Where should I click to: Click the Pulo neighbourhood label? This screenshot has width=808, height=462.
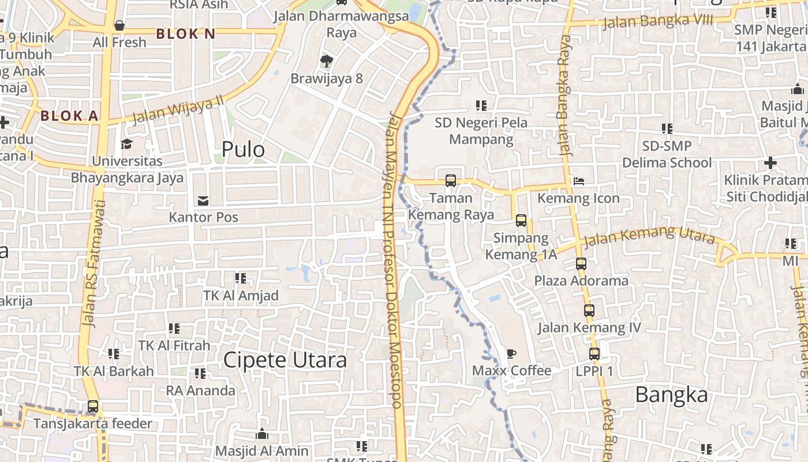point(243,150)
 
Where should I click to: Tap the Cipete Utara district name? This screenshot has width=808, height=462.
point(285,360)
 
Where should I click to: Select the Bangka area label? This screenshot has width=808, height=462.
point(671,395)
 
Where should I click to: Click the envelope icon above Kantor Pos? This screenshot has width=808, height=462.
point(203,201)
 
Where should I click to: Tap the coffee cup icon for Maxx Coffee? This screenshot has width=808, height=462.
point(511,353)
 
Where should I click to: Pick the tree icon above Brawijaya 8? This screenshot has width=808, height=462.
point(327,61)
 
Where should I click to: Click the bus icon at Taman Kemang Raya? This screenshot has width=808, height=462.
point(451,181)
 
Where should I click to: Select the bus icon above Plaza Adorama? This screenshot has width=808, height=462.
point(581,264)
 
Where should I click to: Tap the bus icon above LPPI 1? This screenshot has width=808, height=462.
point(594,354)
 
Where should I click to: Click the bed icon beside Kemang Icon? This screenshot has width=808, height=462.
point(578,181)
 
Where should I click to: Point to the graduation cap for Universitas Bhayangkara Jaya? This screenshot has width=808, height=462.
point(126,144)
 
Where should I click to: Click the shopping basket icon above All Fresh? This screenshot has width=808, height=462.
point(119,25)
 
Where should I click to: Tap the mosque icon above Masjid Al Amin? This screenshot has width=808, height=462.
point(262,434)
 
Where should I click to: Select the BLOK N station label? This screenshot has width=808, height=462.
point(186,34)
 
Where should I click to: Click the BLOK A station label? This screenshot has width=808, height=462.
point(69,115)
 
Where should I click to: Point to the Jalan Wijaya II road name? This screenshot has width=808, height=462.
point(177,110)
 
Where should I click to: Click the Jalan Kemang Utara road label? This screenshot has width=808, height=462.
point(649,237)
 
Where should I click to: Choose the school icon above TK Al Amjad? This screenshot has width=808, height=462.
point(241,278)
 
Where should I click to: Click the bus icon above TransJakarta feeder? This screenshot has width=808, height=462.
point(93,407)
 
